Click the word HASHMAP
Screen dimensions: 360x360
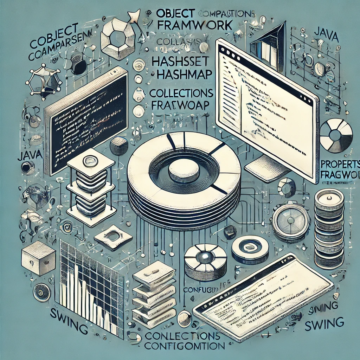(x=182, y=74)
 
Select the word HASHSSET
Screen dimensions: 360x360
(x=181, y=61)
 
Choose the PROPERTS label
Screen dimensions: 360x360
(x=340, y=164)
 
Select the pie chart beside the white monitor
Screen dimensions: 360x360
(x=336, y=136)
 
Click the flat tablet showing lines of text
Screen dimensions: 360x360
(x=264, y=295)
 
